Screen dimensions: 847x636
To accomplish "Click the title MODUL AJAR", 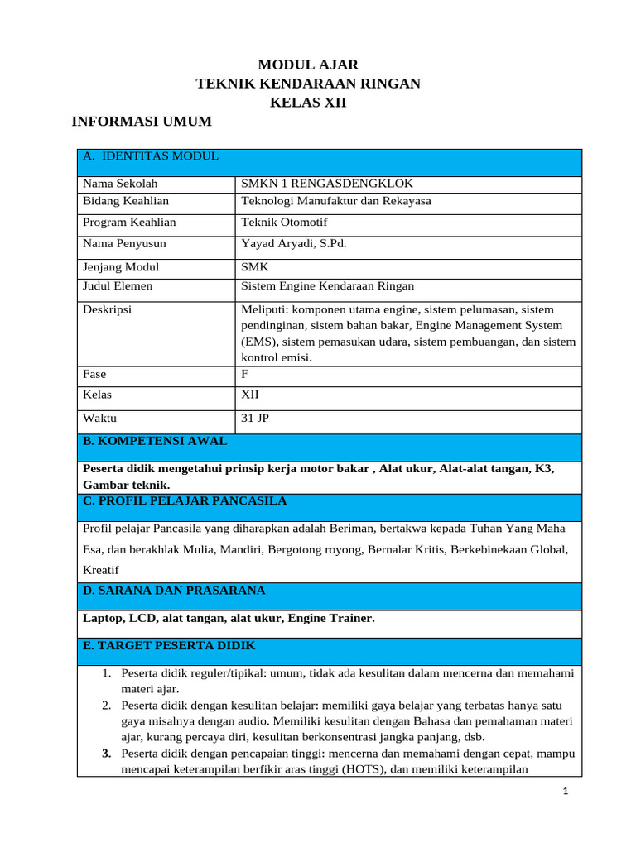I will [308, 65].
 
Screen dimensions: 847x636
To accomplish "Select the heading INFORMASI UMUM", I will [142, 122].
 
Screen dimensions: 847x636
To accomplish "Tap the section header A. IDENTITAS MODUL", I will [150, 156].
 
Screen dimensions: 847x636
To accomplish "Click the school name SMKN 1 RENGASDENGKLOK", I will [326, 184].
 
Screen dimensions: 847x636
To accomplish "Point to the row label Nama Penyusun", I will [124, 244].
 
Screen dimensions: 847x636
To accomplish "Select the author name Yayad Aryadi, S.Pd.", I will [294, 244].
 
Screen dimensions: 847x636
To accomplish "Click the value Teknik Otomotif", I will [279, 223].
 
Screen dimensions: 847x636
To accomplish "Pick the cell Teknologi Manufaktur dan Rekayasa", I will [335, 201].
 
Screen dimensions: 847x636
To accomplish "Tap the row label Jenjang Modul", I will [121, 267].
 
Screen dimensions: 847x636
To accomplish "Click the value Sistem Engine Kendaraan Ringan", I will [327, 286].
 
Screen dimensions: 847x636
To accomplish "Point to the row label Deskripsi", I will [108, 310].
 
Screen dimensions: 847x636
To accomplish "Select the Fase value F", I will [244, 374].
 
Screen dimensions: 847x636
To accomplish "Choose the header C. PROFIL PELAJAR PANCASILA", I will [185, 501].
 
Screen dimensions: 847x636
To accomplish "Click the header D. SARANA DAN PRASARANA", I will [174, 591].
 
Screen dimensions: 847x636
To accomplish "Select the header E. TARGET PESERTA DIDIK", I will [169, 645].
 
